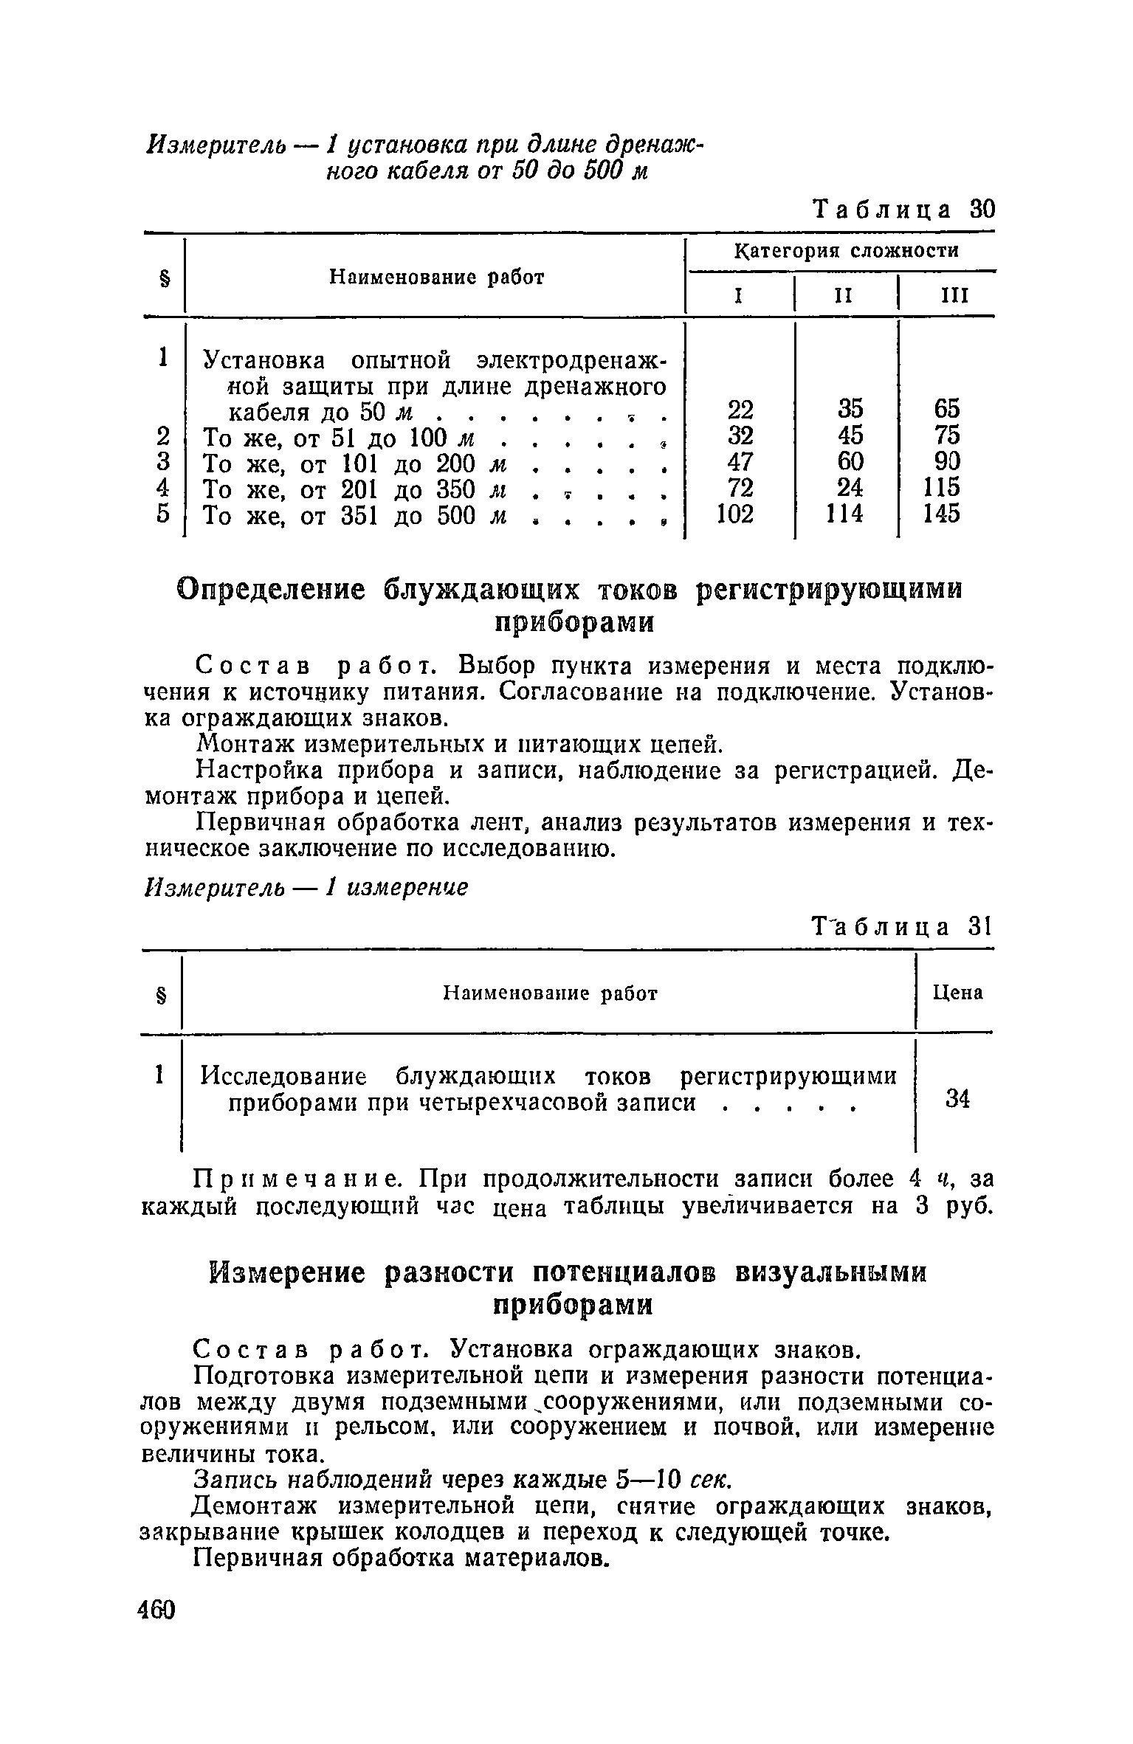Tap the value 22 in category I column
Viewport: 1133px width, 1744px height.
point(740,409)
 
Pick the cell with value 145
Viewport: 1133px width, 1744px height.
point(942,514)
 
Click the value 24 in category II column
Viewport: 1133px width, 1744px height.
point(850,488)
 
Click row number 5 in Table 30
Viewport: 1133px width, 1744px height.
point(164,514)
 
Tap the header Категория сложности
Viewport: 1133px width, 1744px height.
point(846,251)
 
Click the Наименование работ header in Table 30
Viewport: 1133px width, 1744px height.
point(436,278)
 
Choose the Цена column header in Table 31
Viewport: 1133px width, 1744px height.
point(957,993)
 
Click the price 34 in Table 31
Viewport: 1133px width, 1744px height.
point(957,1100)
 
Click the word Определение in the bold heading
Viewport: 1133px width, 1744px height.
point(272,590)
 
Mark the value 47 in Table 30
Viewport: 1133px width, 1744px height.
point(740,461)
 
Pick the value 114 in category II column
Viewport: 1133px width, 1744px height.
point(847,514)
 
